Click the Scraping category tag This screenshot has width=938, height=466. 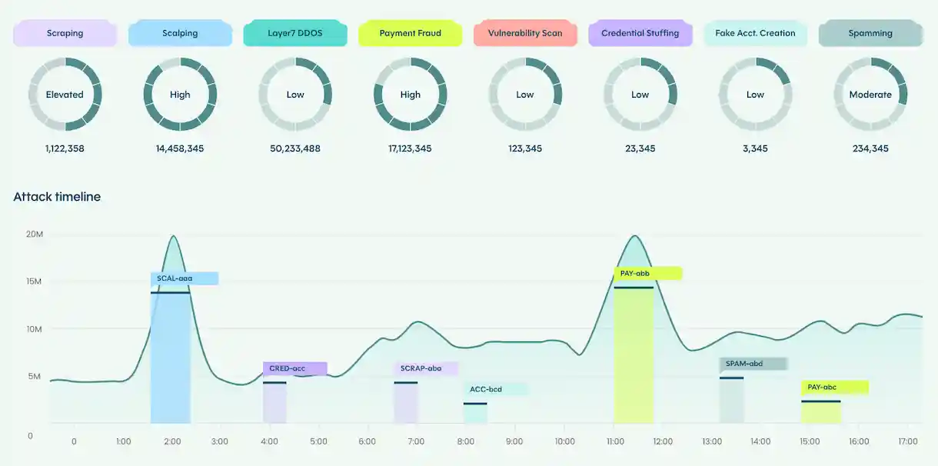[x=65, y=34]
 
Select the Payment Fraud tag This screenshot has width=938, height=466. [x=410, y=34]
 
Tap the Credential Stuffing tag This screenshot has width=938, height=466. [x=640, y=34]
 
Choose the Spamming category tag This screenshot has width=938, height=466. [x=870, y=34]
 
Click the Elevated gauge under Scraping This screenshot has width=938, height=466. [x=65, y=95]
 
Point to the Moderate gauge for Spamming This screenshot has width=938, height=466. [x=870, y=95]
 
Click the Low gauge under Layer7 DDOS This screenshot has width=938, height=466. [x=295, y=95]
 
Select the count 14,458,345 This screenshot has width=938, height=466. [x=180, y=148]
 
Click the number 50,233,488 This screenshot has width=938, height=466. [x=295, y=148]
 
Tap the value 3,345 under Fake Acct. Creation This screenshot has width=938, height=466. [x=755, y=148]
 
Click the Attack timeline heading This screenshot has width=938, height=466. [x=57, y=197]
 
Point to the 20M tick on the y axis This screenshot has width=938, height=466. [x=34, y=234]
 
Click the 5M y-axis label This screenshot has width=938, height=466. [x=34, y=376]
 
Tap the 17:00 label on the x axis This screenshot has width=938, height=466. [x=908, y=441]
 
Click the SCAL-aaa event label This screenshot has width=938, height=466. [x=185, y=278]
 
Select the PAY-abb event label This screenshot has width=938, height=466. [x=647, y=273]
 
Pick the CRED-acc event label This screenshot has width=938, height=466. [x=295, y=368]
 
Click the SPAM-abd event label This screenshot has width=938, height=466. [x=753, y=364]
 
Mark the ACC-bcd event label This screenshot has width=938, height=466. [x=495, y=389]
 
